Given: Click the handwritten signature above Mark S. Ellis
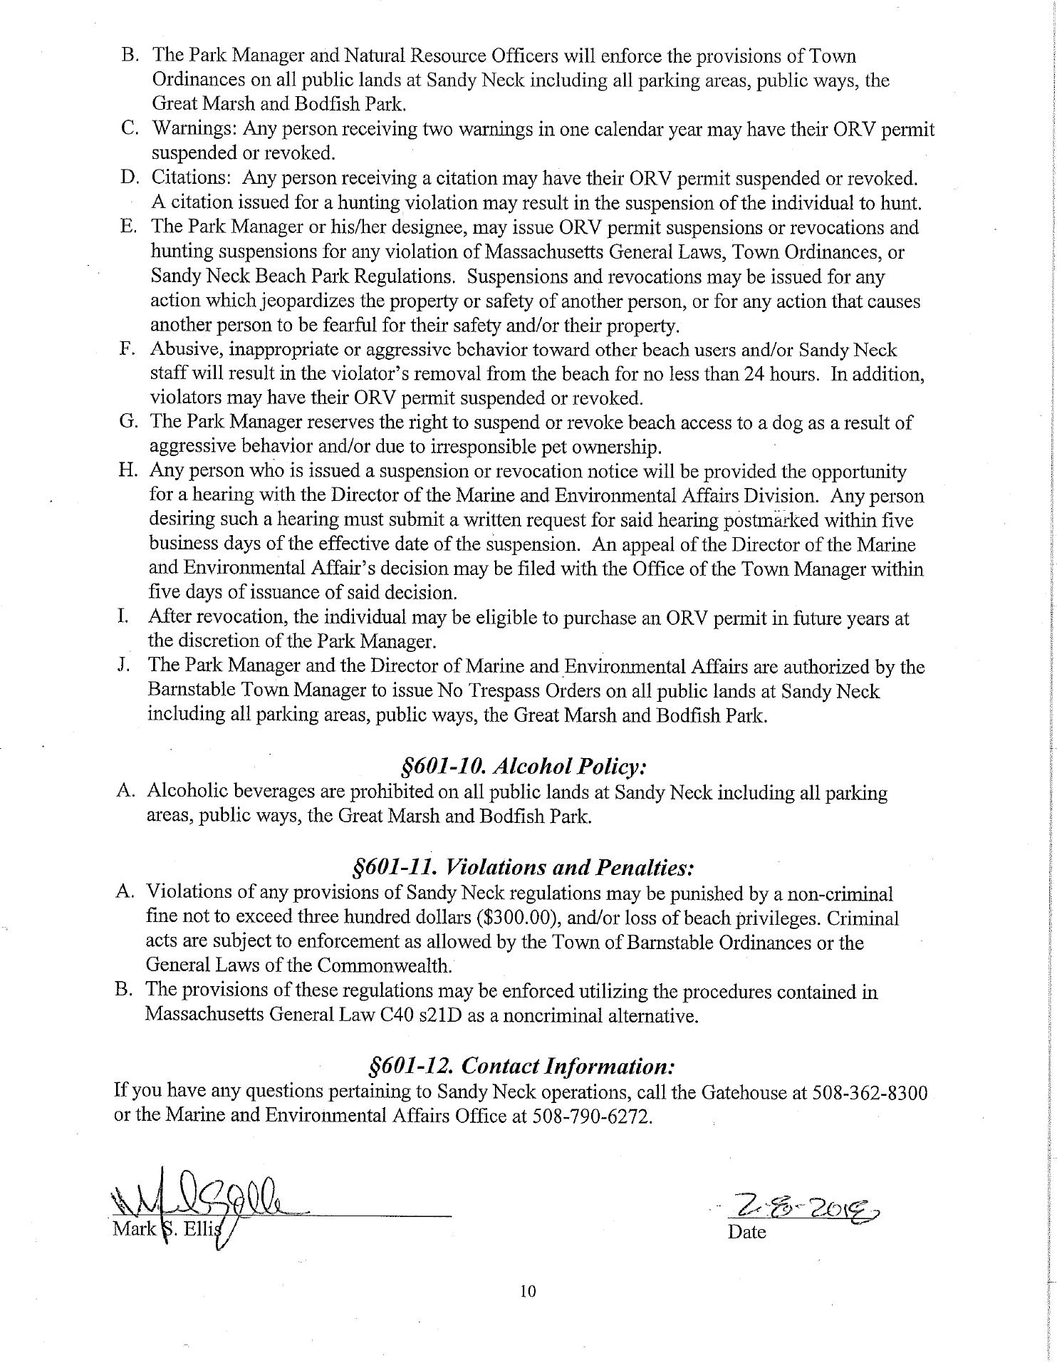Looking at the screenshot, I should [207, 1201].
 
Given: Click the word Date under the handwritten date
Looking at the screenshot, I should [746, 1232].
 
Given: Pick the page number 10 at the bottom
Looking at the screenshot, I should [528, 1290].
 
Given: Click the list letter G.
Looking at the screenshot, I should [128, 422].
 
